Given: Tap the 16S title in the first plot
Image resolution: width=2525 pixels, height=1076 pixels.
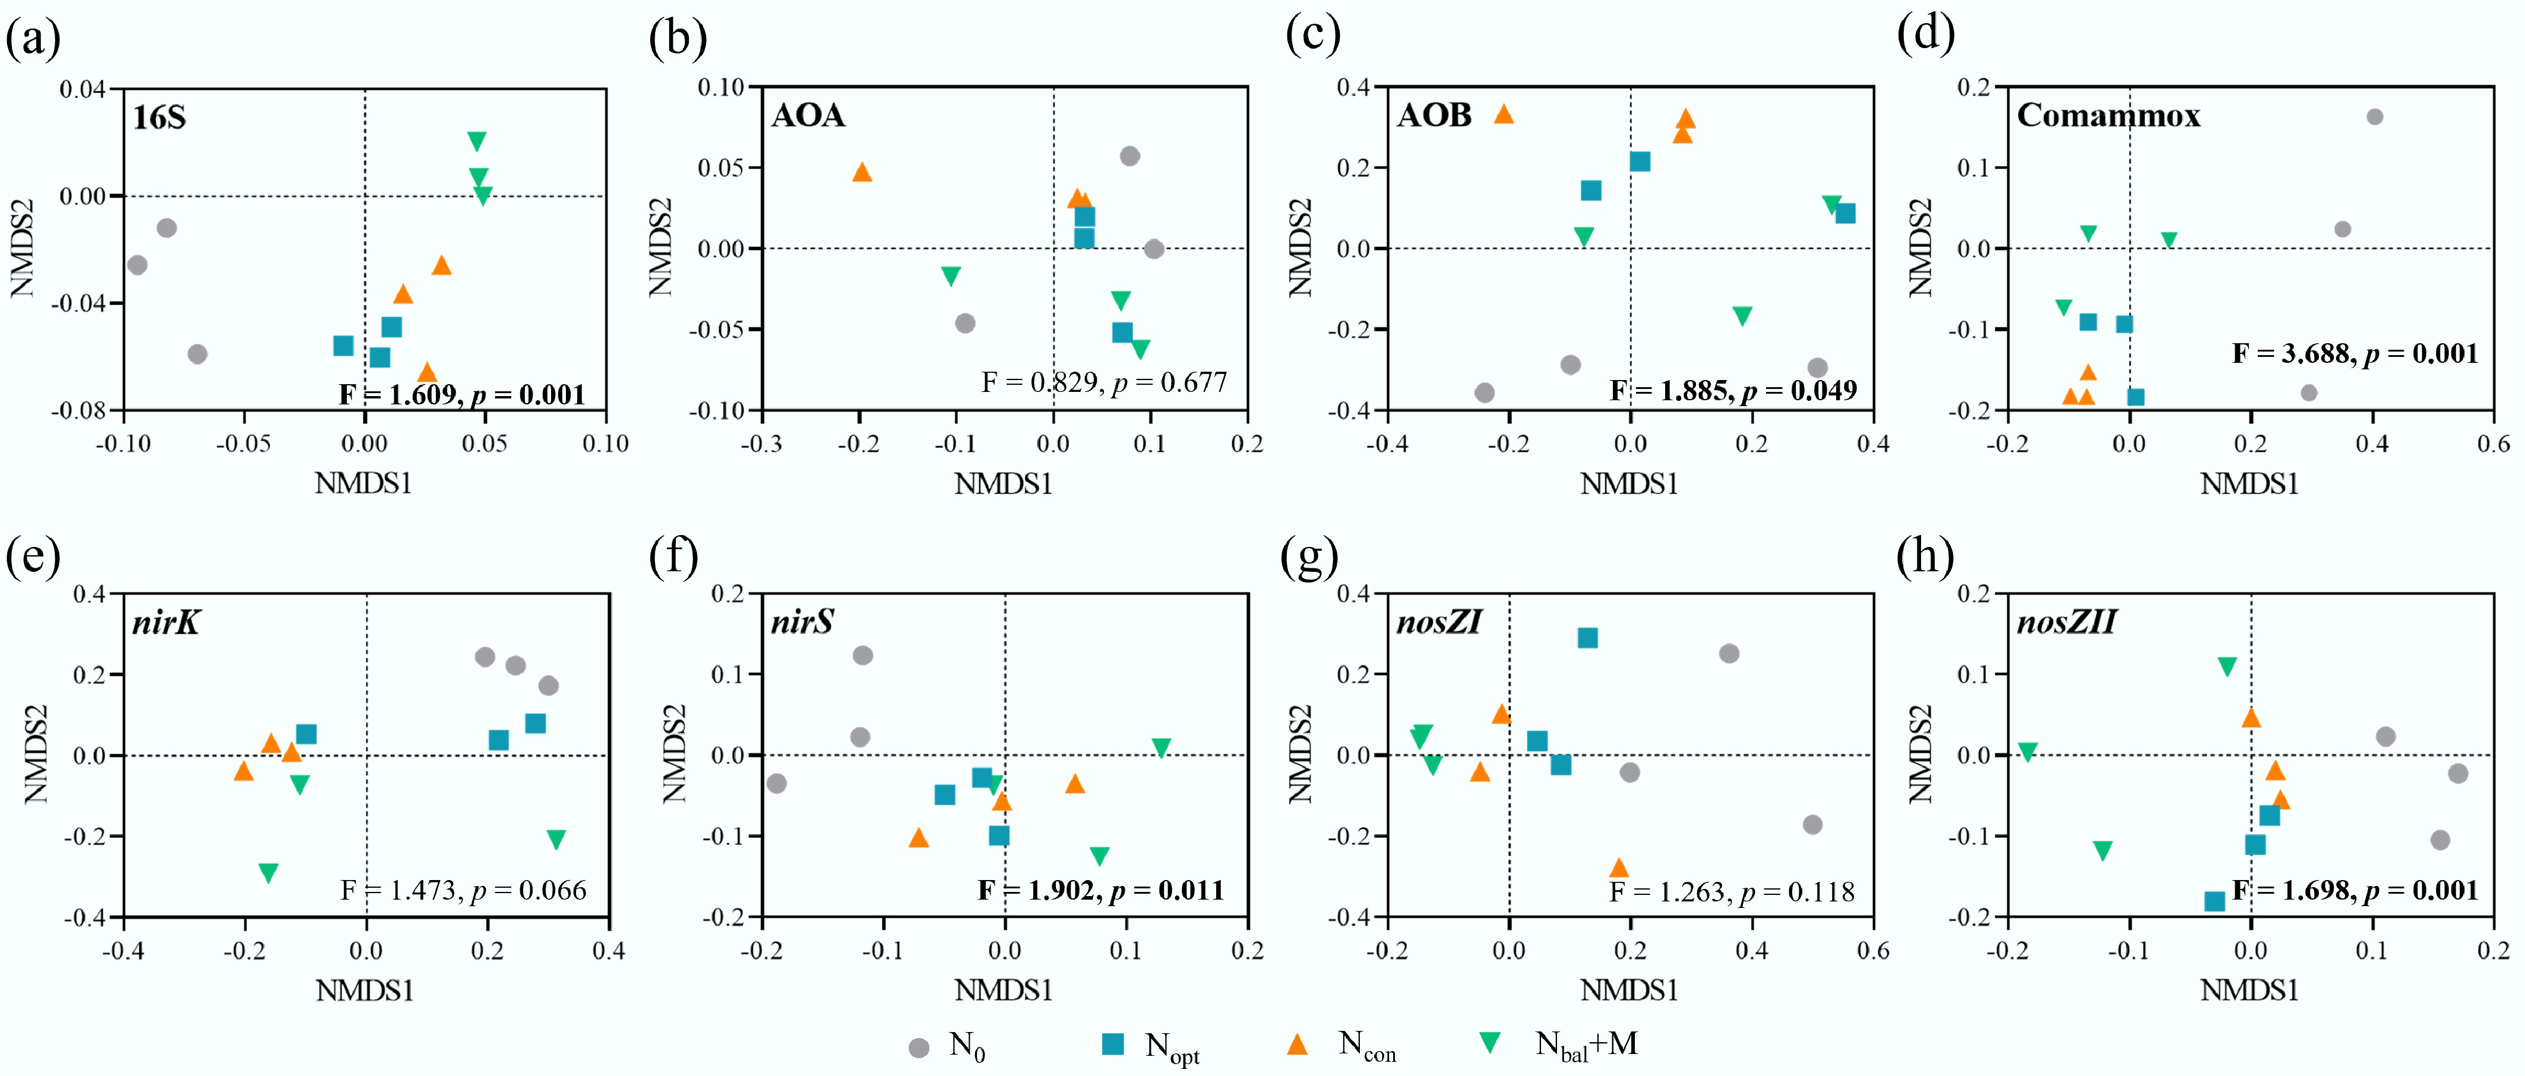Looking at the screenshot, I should tap(159, 118).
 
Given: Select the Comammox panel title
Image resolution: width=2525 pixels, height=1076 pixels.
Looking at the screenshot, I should tap(2108, 116).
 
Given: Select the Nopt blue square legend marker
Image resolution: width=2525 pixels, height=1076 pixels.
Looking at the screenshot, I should tap(1112, 1045).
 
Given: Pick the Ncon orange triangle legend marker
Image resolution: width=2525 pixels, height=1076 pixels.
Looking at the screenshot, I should tap(1297, 1045).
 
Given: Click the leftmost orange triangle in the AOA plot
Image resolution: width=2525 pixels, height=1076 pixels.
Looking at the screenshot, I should tap(862, 172).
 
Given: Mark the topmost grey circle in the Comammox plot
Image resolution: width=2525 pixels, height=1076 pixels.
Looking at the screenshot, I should tap(2374, 116).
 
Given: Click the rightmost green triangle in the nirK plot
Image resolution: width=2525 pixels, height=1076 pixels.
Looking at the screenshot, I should tap(556, 840).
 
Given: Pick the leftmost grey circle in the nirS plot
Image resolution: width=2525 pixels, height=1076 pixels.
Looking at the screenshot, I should tap(776, 783).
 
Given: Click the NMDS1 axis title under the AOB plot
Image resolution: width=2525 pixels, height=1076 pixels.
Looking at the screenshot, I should tap(1629, 484).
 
